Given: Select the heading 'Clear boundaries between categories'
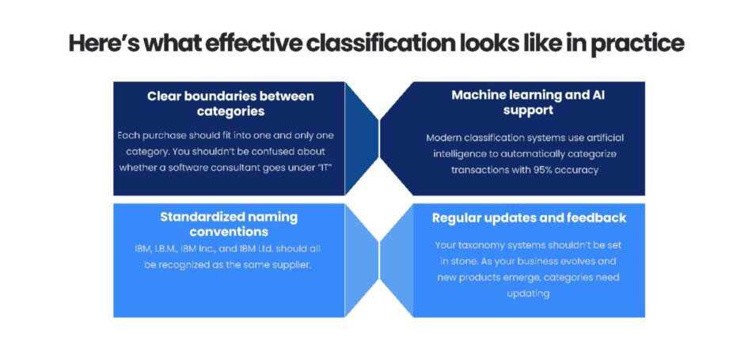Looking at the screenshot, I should [230, 104].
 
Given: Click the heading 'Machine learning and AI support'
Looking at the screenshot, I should [528, 102].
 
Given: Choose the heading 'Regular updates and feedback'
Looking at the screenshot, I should [529, 218].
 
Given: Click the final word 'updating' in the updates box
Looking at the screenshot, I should [528, 293].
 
